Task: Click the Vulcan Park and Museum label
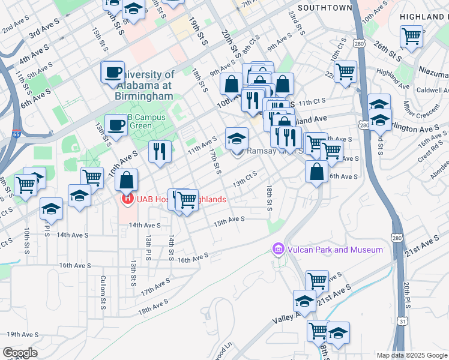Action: [334, 249]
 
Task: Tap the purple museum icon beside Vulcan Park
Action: [279, 248]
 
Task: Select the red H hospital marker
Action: [127, 199]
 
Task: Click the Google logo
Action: [20, 353]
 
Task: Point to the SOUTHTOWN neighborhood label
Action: [324, 8]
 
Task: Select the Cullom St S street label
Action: [103, 292]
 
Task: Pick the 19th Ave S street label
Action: [22, 334]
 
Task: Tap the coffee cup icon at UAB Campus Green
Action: [116, 125]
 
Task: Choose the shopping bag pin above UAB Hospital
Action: [127, 180]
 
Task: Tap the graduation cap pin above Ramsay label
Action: [237, 139]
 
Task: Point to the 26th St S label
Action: [388, 52]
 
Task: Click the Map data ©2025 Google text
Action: [411, 355]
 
